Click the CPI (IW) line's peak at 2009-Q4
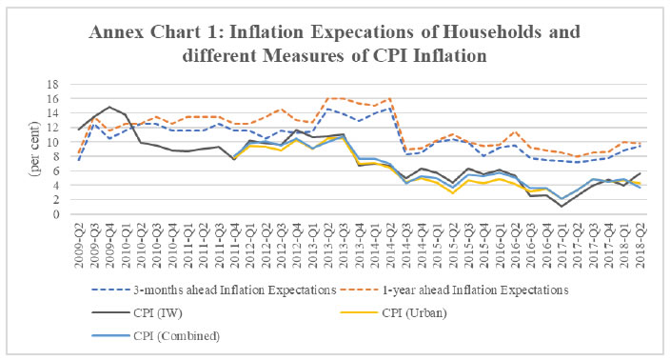tap(109, 107)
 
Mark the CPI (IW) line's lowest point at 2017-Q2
tap(562, 207)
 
